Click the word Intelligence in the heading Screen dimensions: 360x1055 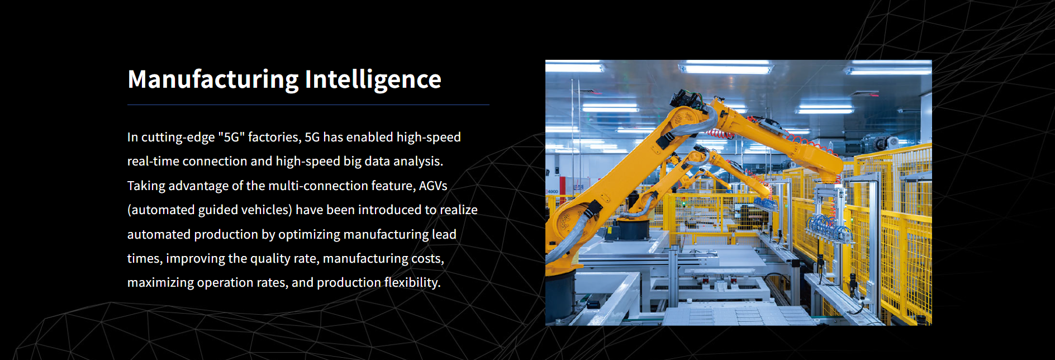pos(373,79)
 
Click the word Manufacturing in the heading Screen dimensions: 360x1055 pos(213,79)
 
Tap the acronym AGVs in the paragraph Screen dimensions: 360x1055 pos(433,186)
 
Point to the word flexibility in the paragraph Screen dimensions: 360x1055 pos(412,283)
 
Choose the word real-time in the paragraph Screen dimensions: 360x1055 pos(153,162)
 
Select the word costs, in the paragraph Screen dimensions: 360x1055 pos(427,259)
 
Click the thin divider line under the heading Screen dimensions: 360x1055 pos(308,105)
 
